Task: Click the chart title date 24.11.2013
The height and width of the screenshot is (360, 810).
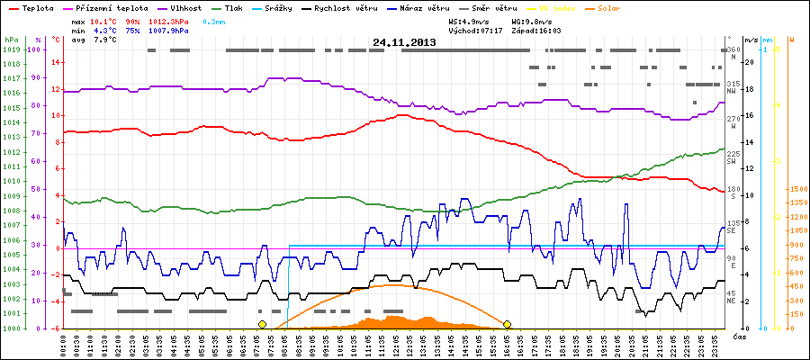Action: [x=404, y=42]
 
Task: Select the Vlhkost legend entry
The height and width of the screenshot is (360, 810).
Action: [x=185, y=7]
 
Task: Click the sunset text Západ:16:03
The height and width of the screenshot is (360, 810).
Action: [x=536, y=30]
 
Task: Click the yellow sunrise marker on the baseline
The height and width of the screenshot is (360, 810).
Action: [x=262, y=324]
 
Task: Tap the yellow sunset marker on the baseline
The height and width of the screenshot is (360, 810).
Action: [x=508, y=324]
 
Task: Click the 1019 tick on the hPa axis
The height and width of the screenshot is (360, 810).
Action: [x=11, y=49]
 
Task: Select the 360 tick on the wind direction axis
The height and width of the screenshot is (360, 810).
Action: [x=733, y=49]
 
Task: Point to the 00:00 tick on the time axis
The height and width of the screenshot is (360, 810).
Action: [x=64, y=342]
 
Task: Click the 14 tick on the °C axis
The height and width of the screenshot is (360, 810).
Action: [x=56, y=62]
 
